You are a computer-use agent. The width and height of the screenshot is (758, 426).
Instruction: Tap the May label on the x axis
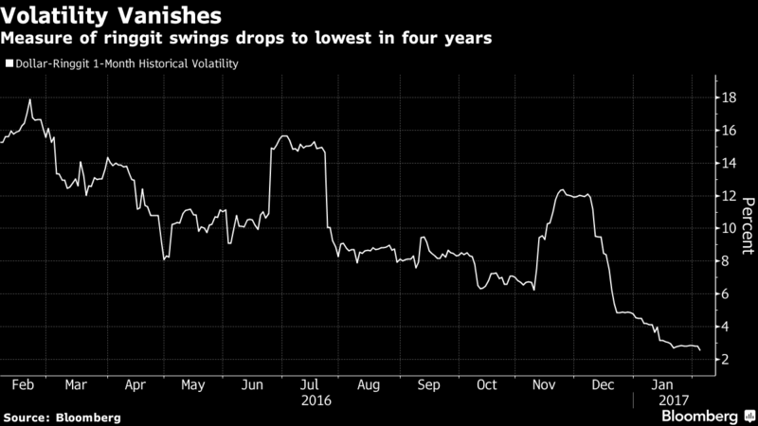(192, 385)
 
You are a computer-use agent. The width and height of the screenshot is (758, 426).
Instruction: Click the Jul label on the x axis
(309, 385)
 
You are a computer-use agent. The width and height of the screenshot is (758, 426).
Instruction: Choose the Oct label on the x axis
(486, 385)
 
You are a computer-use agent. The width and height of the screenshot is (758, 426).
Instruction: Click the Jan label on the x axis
(662, 385)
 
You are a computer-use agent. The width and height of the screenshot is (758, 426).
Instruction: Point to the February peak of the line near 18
(31, 99)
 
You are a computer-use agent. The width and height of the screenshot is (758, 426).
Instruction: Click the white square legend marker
(8, 64)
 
